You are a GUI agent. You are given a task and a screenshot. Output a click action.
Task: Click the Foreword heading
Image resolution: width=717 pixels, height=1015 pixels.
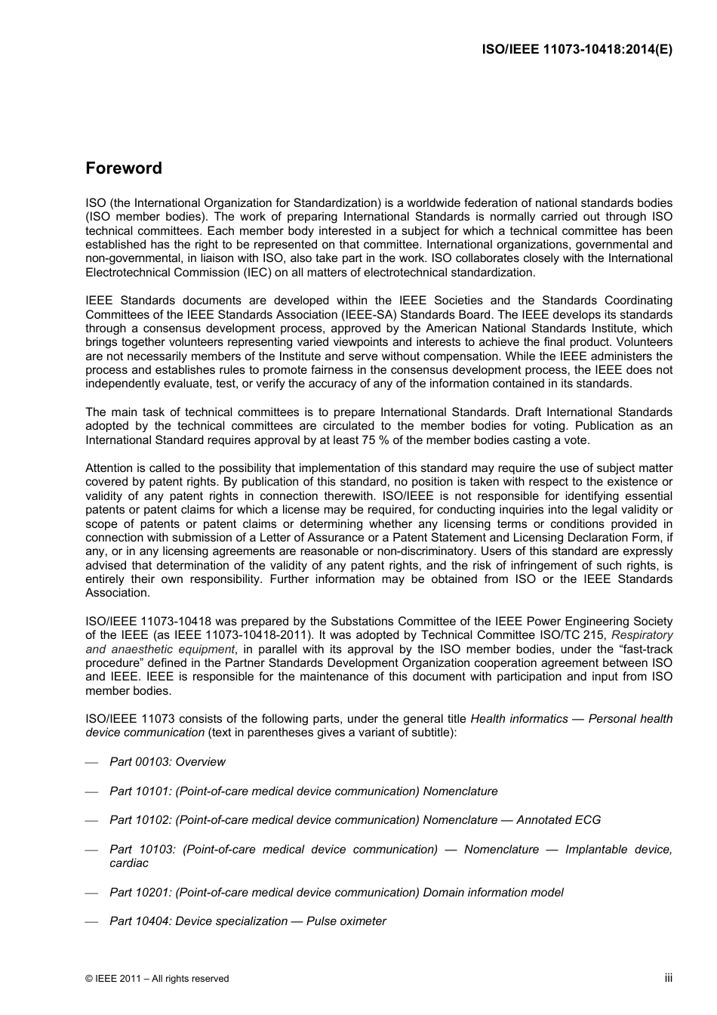pyautogui.click(x=124, y=168)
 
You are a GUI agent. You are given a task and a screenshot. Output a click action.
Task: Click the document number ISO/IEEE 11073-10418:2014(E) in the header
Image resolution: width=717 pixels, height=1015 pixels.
pyautogui.click(x=577, y=50)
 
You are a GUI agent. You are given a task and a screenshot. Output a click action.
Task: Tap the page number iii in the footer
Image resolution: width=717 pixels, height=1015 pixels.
pyautogui.click(x=668, y=977)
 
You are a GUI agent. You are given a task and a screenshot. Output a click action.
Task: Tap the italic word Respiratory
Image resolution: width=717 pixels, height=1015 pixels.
pyautogui.click(x=642, y=635)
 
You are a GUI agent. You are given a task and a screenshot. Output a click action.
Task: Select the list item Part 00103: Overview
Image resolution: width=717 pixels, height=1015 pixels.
pyautogui.click(x=168, y=762)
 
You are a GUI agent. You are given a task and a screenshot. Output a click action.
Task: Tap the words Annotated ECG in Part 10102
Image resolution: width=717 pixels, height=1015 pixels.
pyautogui.click(x=559, y=820)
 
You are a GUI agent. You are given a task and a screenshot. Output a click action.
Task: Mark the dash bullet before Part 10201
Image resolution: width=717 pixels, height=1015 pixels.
pyautogui.click(x=92, y=893)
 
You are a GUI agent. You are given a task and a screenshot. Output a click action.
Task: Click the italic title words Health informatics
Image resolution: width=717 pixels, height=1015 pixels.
pyautogui.click(x=519, y=719)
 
